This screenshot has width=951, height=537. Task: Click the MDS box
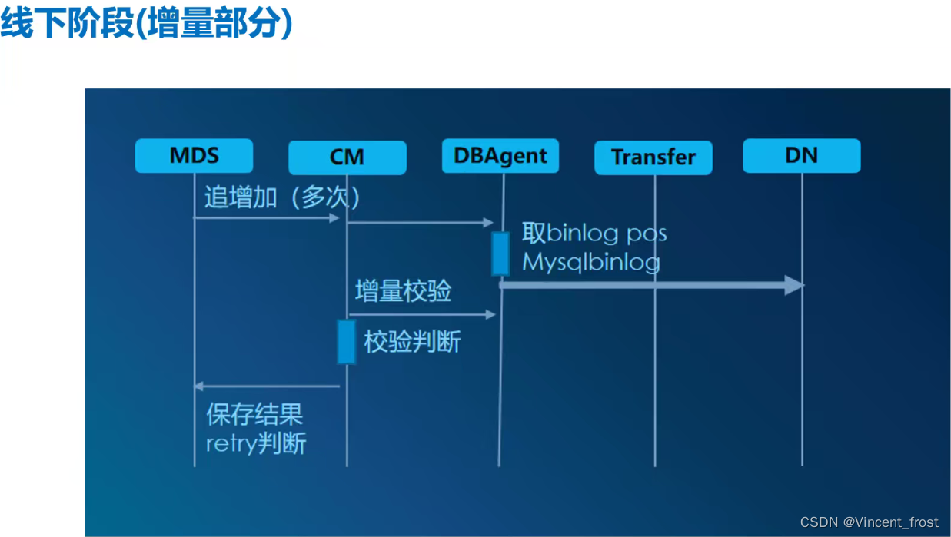pos(194,156)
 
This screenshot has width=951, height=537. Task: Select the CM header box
pos(347,157)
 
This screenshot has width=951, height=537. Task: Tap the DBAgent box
pos(500,156)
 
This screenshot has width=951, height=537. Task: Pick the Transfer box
pos(653,157)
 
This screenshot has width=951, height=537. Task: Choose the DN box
pos(801,156)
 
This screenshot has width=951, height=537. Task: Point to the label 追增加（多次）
pos(282,197)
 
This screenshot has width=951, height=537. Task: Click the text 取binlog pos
pos(594,232)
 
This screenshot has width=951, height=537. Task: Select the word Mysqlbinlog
pos(591,262)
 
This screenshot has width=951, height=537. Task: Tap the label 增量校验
pos(403,291)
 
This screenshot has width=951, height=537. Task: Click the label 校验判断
pos(412,342)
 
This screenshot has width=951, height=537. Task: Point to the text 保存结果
pos(254,415)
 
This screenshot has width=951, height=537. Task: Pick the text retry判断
pos(256,443)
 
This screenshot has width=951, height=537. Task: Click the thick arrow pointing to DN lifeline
pos(652,285)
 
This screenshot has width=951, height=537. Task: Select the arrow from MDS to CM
pos(266,218)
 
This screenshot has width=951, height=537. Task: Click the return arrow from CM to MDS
pos(266,386)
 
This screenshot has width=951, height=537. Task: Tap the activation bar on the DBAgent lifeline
pos(500,254)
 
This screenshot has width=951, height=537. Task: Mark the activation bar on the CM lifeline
pos(347,342)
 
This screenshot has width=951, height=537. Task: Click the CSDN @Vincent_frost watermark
pos(869,522)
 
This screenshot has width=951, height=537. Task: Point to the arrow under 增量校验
pos(421,314)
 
